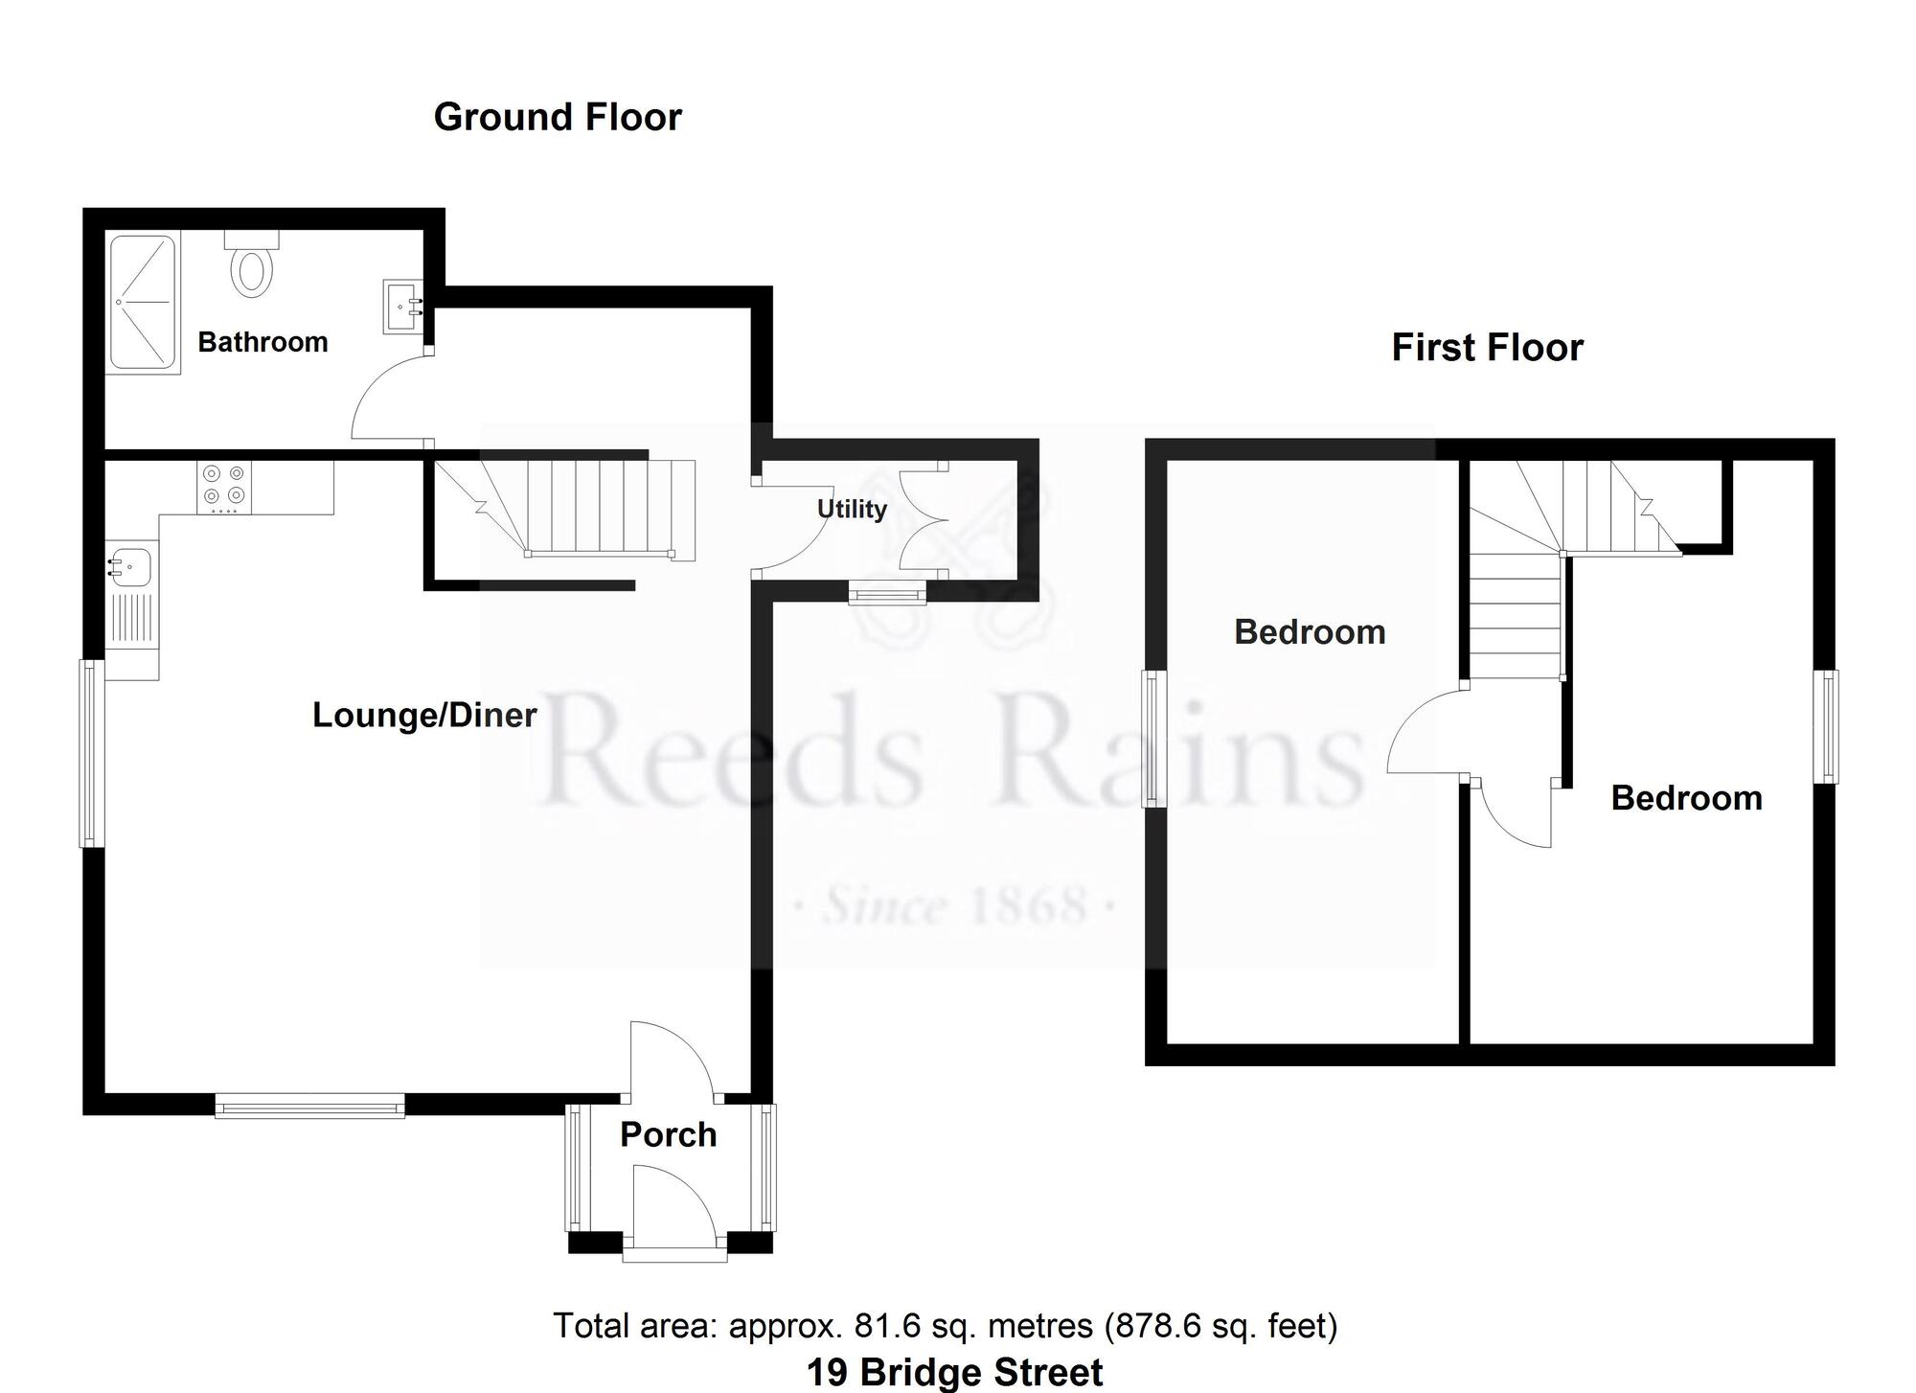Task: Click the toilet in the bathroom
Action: click(252, 267)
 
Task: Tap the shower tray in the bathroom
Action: click(143, 304)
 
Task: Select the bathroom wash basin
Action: click(402, 306)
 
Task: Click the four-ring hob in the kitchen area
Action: click(224, 485)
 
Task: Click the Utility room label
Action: click(851, 509)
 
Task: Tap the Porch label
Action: click(668, 1134)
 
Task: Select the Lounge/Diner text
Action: click(424, 715)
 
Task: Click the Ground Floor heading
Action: click(558, 117)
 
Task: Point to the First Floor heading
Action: click(1487, 347)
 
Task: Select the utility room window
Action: click(888, 596)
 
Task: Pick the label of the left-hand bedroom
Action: click(1309, 632)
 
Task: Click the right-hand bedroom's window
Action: click(1829, 726)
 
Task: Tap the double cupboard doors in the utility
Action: click(922, 520)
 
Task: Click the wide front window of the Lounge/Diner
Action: click(309, 1107)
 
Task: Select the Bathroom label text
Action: click(262, 342)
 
